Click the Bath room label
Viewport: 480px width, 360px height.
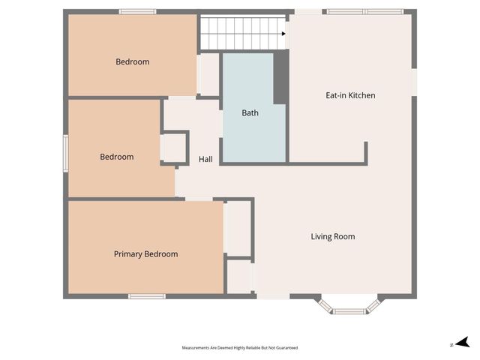coord(250,113)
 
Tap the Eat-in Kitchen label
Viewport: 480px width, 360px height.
coord(350,95)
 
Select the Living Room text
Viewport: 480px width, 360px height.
coord(333,237)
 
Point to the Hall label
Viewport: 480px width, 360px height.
coord(205,160)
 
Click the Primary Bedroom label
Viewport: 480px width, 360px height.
coord(145,254)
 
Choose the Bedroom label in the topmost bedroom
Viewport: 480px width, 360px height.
coord(132,62)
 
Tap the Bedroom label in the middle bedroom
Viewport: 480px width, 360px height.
coord(117,157)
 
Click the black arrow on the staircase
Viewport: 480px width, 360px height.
coord(284,33)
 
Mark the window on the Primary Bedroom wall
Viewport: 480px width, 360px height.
coord(146,296)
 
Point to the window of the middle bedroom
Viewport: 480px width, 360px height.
coord(65,153)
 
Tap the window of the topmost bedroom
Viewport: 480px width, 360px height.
coord(137,11)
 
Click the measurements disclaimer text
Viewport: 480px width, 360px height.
coord(240,348)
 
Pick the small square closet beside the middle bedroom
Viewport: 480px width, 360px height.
coord(175,148)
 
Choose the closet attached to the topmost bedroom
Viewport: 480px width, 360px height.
coord(208,74)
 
